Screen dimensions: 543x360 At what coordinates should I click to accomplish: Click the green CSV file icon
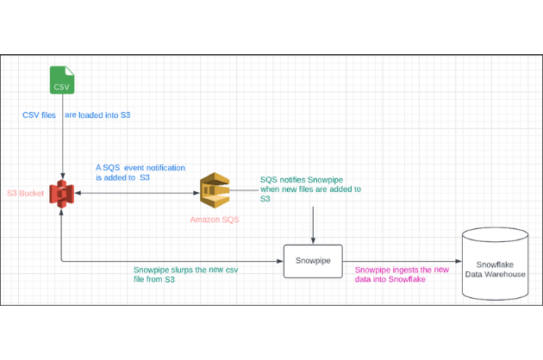coord(62,80)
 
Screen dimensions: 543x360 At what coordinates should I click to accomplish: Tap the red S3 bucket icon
coord(62,194)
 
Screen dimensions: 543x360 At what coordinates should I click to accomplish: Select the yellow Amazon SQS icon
coord(215,190)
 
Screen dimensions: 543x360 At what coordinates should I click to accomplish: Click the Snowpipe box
coord(313,261)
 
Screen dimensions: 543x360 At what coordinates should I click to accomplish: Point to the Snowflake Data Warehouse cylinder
coord(496,264)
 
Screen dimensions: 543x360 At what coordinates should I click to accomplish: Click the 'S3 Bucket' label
coord(26,193)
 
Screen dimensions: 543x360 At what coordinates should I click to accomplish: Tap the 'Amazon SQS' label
coord(215,220)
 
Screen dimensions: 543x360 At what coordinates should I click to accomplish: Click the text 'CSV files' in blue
coord(39,115)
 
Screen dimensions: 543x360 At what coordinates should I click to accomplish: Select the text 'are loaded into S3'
coord(97,115)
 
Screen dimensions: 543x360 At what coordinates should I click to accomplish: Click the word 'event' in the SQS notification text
coord(134,168)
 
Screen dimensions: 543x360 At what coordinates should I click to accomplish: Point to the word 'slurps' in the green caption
coord(183,270)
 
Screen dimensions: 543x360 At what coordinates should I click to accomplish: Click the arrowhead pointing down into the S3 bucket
coord(63,176)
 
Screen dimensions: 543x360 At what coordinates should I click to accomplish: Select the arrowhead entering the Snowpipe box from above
coord(313,241)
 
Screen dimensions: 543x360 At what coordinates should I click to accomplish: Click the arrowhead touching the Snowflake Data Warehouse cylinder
coord(459,261)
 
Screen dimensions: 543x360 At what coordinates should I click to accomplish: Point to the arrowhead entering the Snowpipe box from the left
coord(280,261)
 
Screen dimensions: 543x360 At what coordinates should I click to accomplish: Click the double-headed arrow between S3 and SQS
coord(137,193)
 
